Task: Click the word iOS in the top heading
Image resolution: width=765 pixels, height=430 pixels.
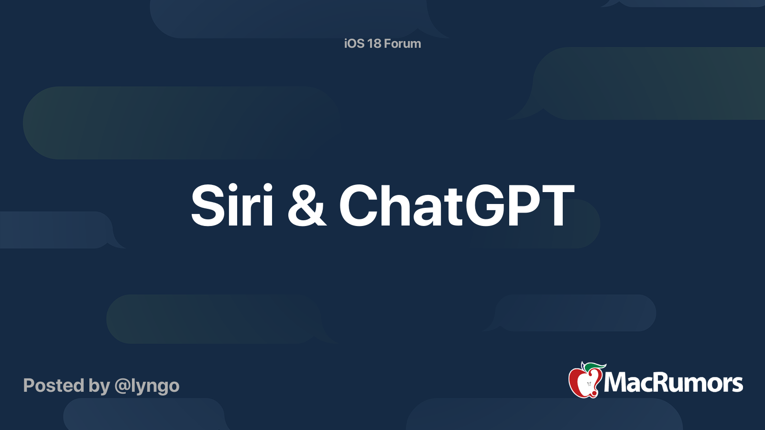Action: pyautogui.click(x=354, y=43)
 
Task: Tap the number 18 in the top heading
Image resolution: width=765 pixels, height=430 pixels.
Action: pyautogui.click(x=374, y=43)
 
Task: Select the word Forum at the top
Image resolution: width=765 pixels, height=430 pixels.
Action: pyautogui.click(x=403, y=43)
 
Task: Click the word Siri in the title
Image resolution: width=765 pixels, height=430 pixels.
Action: pyautogui.click(x=232, y=205)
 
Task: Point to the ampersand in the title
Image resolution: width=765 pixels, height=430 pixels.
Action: pyautogui.click(x=306, y=206)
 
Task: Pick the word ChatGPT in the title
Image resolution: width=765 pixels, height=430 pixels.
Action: pyautogui.click(x=456, y=206)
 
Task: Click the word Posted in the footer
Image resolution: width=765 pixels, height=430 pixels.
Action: pyautogui.click(x=53, y=386)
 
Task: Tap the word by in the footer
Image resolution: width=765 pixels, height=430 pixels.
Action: pyautogui.click(x=99, y=386)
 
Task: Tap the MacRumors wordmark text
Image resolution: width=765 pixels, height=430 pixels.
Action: pyautogui.click(x=673, y=383)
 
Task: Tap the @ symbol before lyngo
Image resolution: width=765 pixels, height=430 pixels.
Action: pyautogui.click(x=122, y=386)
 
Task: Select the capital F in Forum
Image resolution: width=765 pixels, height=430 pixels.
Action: pyautogui.click(x=388, y=43)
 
